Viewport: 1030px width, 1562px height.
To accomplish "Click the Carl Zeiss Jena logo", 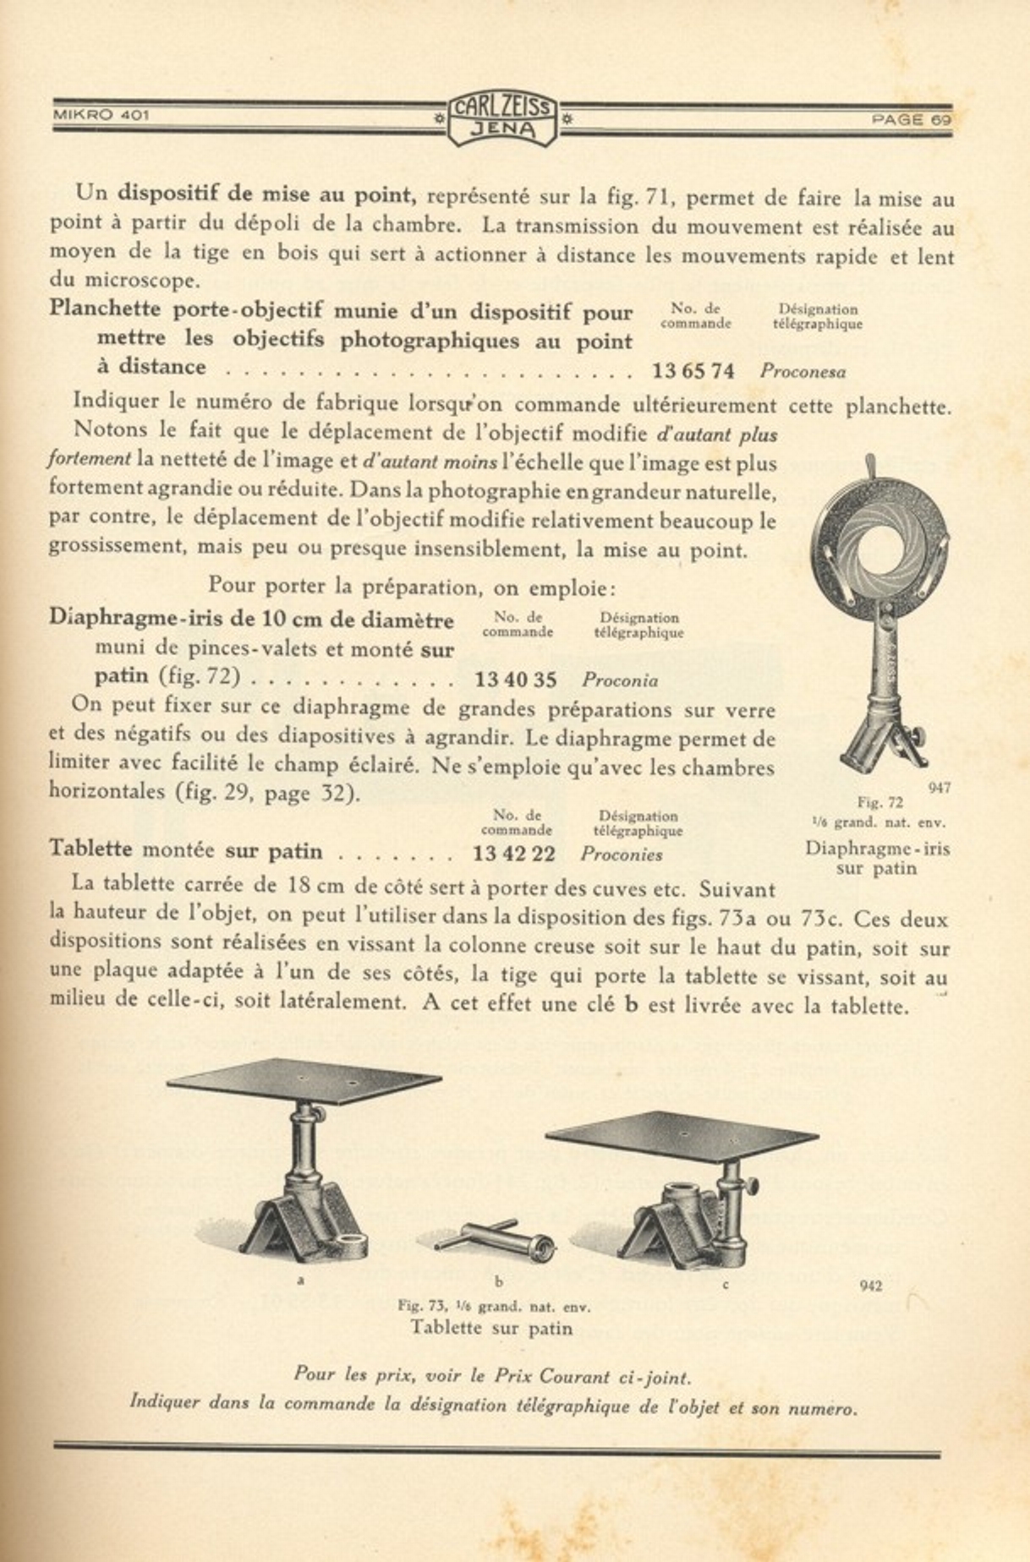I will click(x=502, y=117).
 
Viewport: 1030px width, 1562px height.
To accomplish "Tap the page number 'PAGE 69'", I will click(x=912, y=120).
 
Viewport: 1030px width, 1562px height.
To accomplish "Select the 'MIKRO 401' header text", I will click(x=101, y=114).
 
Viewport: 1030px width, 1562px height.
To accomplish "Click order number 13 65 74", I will click(x=693, y=370).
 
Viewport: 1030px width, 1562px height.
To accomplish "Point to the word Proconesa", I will click(x=803, y=371).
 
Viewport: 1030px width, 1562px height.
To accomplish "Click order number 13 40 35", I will click(x=516, y=680).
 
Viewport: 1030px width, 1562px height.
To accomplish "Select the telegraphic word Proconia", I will click(x=620, y=680).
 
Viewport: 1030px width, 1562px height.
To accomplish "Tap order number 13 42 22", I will click(x=514, y=854).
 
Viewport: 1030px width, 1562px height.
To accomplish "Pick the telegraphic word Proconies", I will click(x=622, y=855).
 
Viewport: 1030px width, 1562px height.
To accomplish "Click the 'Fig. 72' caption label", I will click(x=880, y=802).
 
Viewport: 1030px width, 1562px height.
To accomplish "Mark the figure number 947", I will click(x=940, y=788).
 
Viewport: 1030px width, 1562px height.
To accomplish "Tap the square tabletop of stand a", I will click(x=304, y=1081).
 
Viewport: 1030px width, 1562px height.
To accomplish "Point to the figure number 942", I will click(x=871, y=1286).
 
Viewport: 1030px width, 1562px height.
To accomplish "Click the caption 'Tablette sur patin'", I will click(x=491, y=1328).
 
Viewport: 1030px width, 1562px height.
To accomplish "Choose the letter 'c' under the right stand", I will click(x=725, y=1285).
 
